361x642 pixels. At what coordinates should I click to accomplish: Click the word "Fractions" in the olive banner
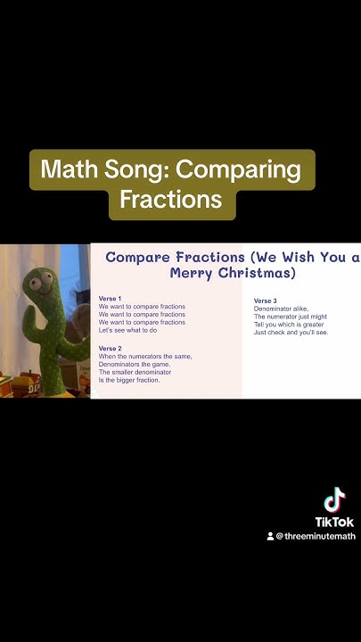pos(171,199)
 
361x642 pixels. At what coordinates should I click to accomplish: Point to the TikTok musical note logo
pos(334,500)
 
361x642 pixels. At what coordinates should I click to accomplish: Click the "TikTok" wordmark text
pos(334,522)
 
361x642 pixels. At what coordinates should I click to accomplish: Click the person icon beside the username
pos(270,537)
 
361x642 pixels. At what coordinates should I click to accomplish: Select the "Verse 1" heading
pos(111,298)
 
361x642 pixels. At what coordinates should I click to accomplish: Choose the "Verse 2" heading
pos(111,348)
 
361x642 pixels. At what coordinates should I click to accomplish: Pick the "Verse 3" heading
pos(266,300)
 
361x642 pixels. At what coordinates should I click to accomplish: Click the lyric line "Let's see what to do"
pos(127,330)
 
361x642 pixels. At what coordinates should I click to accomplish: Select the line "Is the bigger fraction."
pos(129,380)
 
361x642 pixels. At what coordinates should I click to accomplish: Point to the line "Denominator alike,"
pos(281,309)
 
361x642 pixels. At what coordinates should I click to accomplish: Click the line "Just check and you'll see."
pos(291,333)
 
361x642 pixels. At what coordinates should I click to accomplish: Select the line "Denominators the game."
pos(135,364)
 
